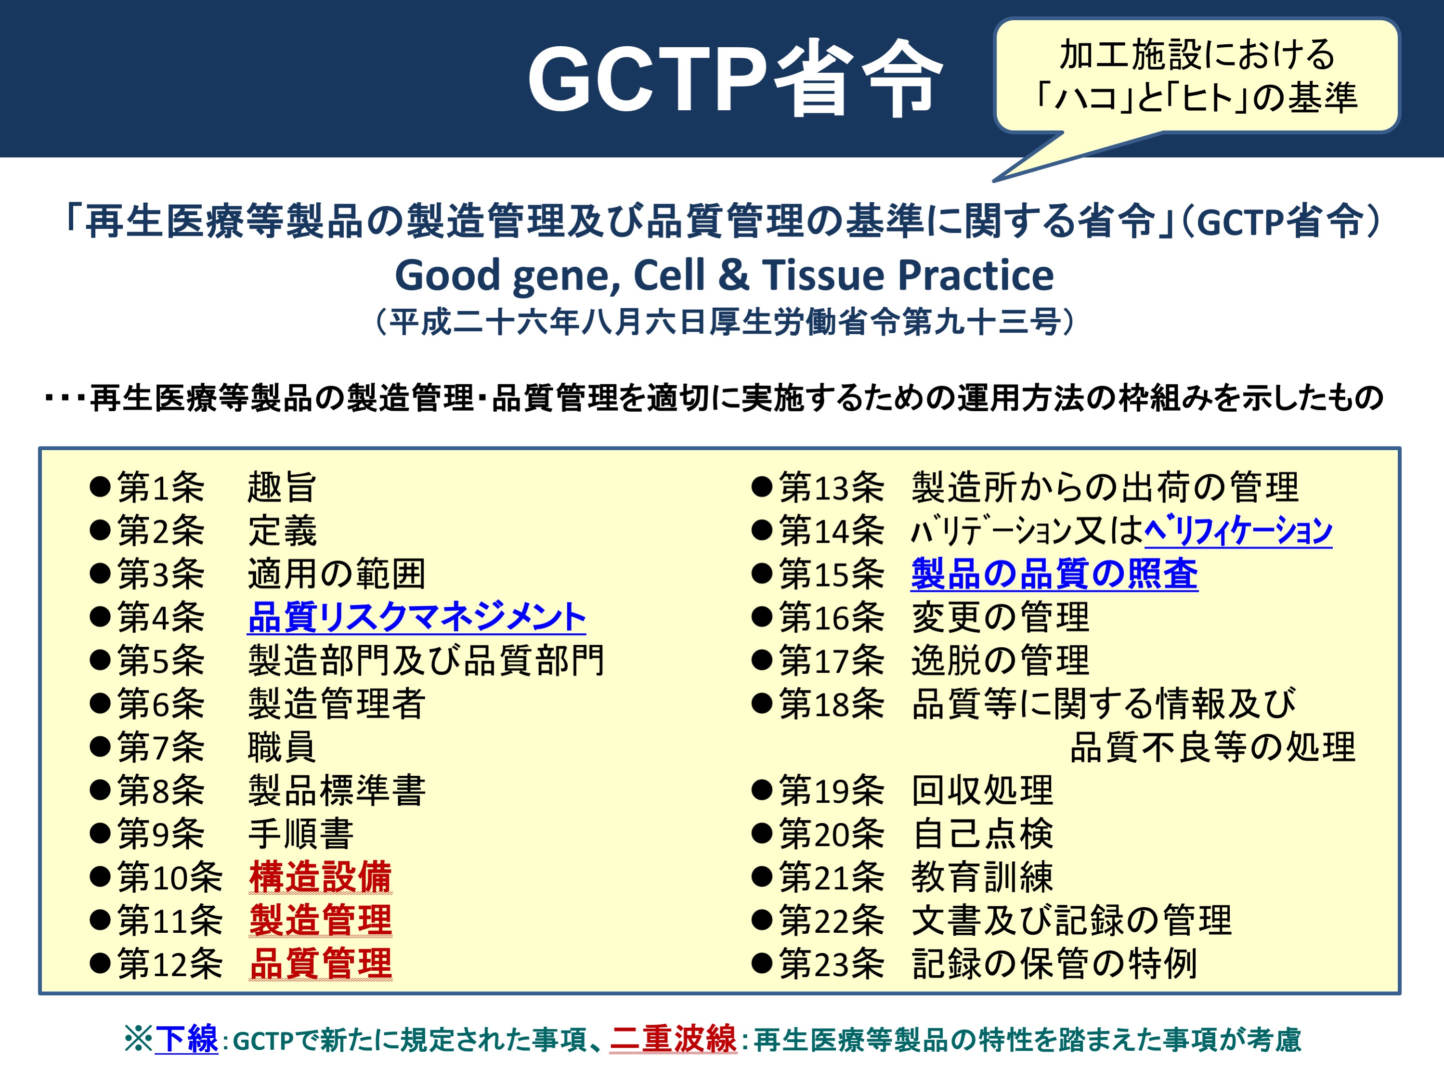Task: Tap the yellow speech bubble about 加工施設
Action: coord(1197,76)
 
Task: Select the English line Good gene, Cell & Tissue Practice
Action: coord(724,275)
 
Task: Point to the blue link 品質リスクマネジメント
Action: coord(416,617)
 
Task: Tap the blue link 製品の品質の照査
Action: coord(1054,574)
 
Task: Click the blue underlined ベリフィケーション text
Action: coord(1238,530)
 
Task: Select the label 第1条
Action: coord(161,487)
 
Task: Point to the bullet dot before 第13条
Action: coord(762,487)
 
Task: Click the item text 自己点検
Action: coord(982,834)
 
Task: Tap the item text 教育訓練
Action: coord(982,877)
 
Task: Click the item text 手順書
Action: coord(301,834)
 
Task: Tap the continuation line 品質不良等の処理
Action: coord(1213,747)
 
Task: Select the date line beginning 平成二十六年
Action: coord(724,322)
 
